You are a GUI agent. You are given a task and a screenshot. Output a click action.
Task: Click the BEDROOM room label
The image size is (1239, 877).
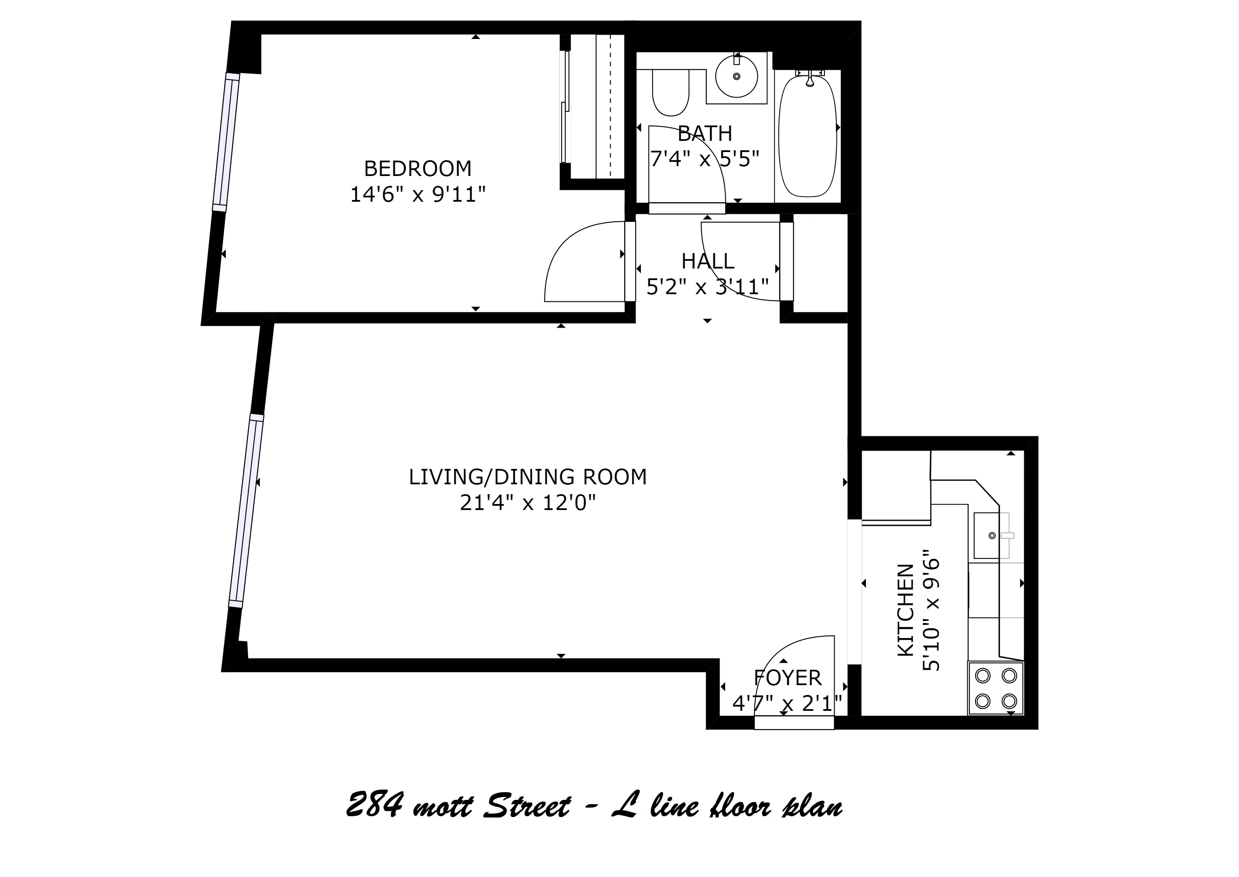click(417, 169)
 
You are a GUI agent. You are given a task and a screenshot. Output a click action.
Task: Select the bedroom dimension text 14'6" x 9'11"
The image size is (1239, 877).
click(418, 194)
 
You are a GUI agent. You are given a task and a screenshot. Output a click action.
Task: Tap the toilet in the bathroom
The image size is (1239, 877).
click(671, 93)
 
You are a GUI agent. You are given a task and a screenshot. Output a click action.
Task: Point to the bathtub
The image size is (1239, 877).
click(807, 136)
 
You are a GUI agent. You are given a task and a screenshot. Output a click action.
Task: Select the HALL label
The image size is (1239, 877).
click(708, 261)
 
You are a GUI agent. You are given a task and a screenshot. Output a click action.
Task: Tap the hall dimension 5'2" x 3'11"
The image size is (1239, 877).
click(708, 287)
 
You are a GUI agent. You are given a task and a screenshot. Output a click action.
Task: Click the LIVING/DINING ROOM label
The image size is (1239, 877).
click(527, 477)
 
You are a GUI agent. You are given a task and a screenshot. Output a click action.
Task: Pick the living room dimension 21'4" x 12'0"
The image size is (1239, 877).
click(527, 503)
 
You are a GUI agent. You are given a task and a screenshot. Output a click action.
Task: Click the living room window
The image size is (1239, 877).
click(246, 511)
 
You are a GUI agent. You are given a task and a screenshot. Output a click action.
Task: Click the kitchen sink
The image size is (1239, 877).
click(991, 535)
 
